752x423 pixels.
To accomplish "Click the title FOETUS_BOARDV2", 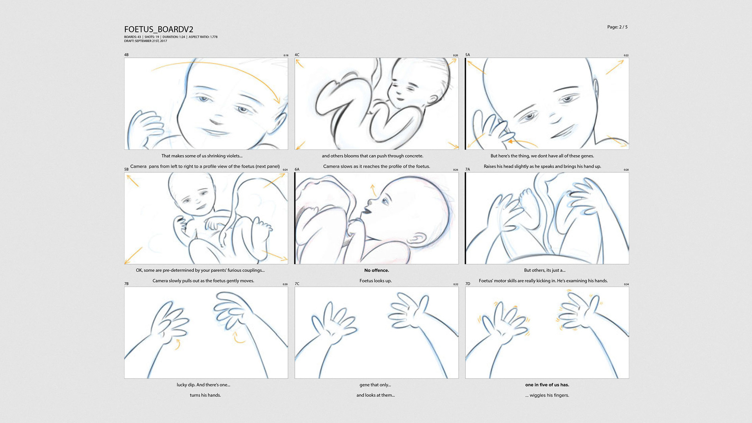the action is tap(159, 29).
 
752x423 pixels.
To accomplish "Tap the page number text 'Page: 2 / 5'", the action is tap(617, 27).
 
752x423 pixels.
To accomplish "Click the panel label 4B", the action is tap(126, 55).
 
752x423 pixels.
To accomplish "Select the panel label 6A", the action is tap(297, 169).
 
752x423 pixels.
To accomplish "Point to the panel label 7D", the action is tap(468, 284).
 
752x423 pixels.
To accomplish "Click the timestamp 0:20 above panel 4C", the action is tap(456, 55).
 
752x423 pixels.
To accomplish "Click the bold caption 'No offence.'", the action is tap(376, 270).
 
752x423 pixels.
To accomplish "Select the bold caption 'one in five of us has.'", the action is tap(547, 385).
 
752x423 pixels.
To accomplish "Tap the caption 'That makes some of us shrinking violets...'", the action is tap(202, 156).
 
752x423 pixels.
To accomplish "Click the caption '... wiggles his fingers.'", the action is tap(547, 395).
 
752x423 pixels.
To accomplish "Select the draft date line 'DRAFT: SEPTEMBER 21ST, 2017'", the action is tap(145, 41).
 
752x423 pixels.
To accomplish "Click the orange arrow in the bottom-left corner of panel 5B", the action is tap(133, 255).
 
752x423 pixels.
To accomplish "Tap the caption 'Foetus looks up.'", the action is tap(376, 281).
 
